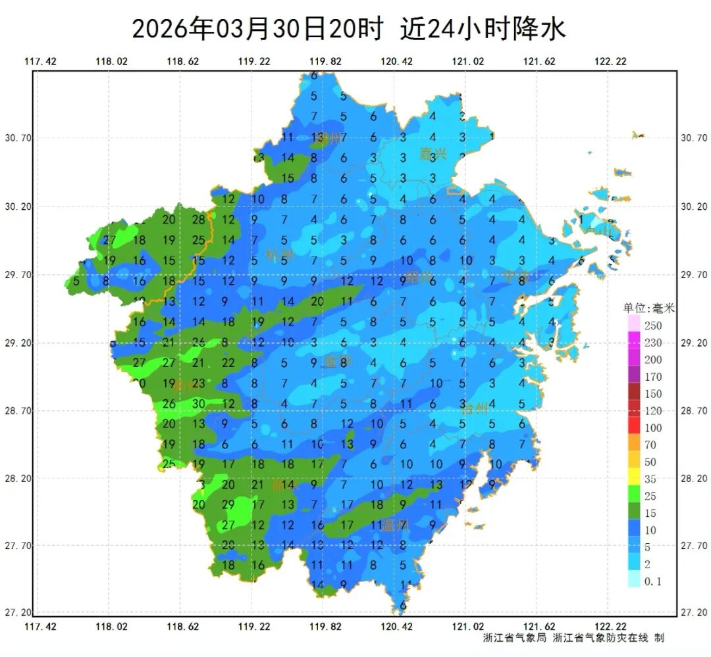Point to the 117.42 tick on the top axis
[40, 62]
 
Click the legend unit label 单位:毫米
[649, 307]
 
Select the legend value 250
[653, 326]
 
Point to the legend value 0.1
[653, 581]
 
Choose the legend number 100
[653, 428]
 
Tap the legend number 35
[650, 479]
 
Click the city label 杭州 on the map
[279, 255]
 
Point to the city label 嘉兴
[433, 155]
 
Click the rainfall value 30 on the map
[199, 404]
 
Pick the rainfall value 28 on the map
[199, 220]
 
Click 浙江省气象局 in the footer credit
[515, 637]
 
